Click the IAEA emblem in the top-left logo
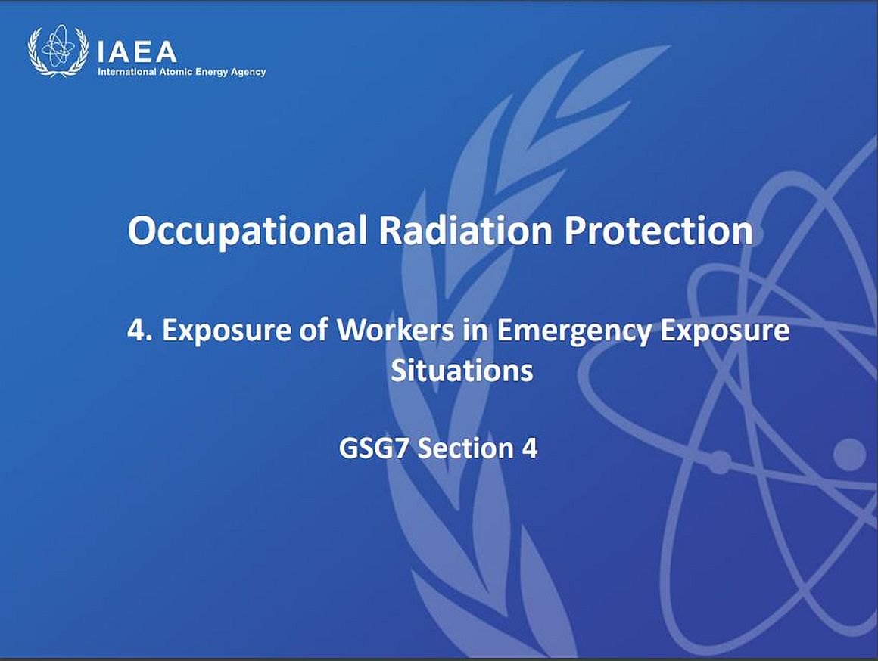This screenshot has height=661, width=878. click(x=58, y=51)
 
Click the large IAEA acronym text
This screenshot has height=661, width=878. click(x=137, y=53)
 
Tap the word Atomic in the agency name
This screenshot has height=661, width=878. click(x=176, y=72)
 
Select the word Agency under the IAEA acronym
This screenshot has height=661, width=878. click(x=248, y=72)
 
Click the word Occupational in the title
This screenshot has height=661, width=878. click(x=247, y=231)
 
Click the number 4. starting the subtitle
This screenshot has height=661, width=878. click(x=139, y=330)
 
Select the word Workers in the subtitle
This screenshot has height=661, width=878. click(x=395, y=330)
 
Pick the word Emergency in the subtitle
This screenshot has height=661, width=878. click(x=574, y=331)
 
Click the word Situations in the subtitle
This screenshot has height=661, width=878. click(x=462, y=370)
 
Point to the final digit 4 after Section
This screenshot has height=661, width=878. click(x=530, y=448)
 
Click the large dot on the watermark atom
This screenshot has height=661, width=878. click(x=849, y=454)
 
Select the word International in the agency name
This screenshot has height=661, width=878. click(x=127, y=72)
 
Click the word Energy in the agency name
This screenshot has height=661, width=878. click(x=211, y=72)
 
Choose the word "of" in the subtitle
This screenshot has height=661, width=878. click(x=313, y=330)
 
